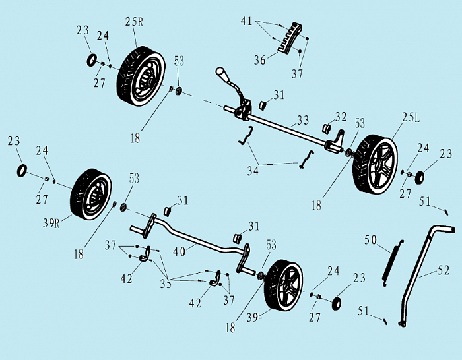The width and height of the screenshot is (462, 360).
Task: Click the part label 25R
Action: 134,22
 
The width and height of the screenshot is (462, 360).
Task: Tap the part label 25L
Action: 411,117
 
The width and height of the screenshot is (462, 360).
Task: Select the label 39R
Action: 51,223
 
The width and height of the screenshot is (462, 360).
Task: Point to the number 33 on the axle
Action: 303,121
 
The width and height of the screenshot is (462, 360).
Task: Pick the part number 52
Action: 444,270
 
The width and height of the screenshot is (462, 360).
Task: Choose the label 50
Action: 370,241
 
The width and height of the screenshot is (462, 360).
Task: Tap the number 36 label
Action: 259,61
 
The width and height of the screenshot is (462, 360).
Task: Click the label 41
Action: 246,22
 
